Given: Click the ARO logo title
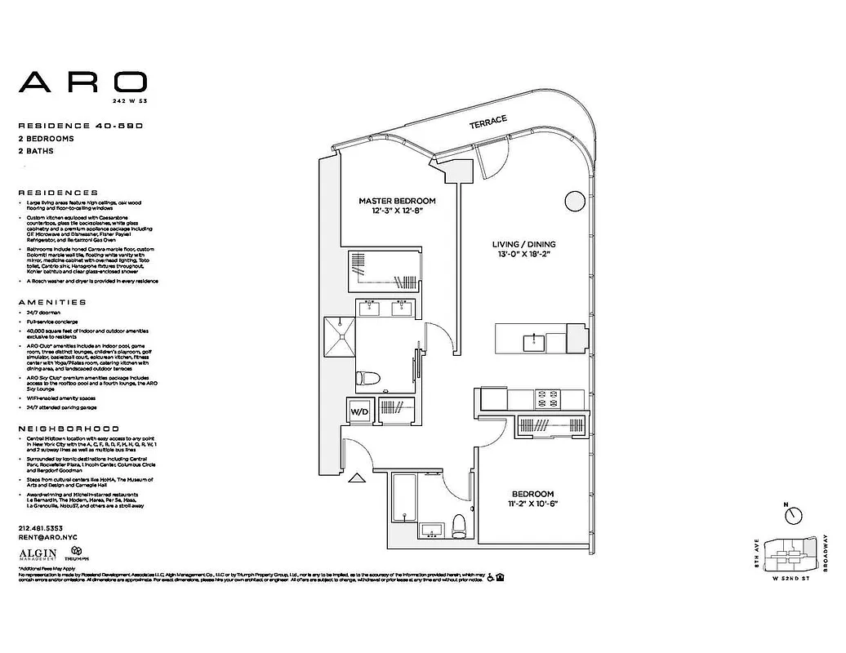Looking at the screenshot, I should tap(82, 82).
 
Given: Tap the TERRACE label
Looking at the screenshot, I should tap(488, 123).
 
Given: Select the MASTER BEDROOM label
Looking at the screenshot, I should tap(397, 200).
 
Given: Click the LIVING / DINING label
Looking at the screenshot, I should tap(523, 244).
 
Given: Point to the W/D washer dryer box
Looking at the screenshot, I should tap(359, 411).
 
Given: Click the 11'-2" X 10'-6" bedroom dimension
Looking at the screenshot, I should tap(533, 504).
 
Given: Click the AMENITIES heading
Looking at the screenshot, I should tap(51, 302).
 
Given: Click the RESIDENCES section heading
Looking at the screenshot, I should tap(58, 193).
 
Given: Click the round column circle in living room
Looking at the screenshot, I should tap(570, 201).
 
